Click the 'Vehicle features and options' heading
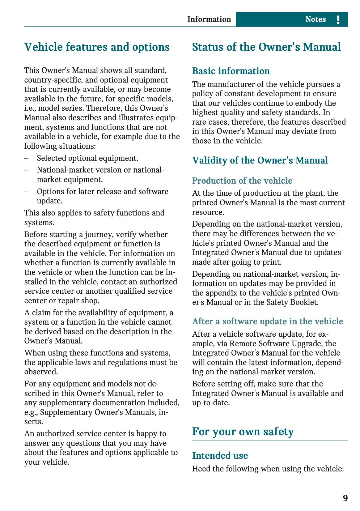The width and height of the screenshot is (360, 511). click(x=97, y=47)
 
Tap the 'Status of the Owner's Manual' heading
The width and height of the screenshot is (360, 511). click(x=266, y=47)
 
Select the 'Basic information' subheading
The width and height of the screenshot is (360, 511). click(x=231, y=71)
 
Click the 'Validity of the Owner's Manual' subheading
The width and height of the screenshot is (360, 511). click(x=260, y=160)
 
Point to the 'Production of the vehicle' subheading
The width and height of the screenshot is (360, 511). click(x=242, y=181)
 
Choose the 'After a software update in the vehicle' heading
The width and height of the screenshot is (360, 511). click(x=268, y=321)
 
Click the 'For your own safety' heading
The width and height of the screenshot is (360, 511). click(x=243, y=431)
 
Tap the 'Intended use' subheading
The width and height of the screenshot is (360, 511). click(x=220, y=455)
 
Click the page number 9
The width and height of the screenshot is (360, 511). click(x=345, y=498)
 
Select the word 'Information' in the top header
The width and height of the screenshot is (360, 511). click(x=209, y=19)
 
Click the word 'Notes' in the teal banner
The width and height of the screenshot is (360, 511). click(x=315, y=19)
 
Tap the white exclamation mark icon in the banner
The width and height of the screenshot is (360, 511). click(x=338, y=19)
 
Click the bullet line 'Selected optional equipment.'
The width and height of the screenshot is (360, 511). click(x=87, y=158)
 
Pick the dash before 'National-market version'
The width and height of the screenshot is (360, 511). click(x=26, y=170)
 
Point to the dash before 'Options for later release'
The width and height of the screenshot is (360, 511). click(x=26, y=192)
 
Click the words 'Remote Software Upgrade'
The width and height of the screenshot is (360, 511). click(x=276, y=343)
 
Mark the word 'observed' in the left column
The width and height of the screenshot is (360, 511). click(x=40, y=372)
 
